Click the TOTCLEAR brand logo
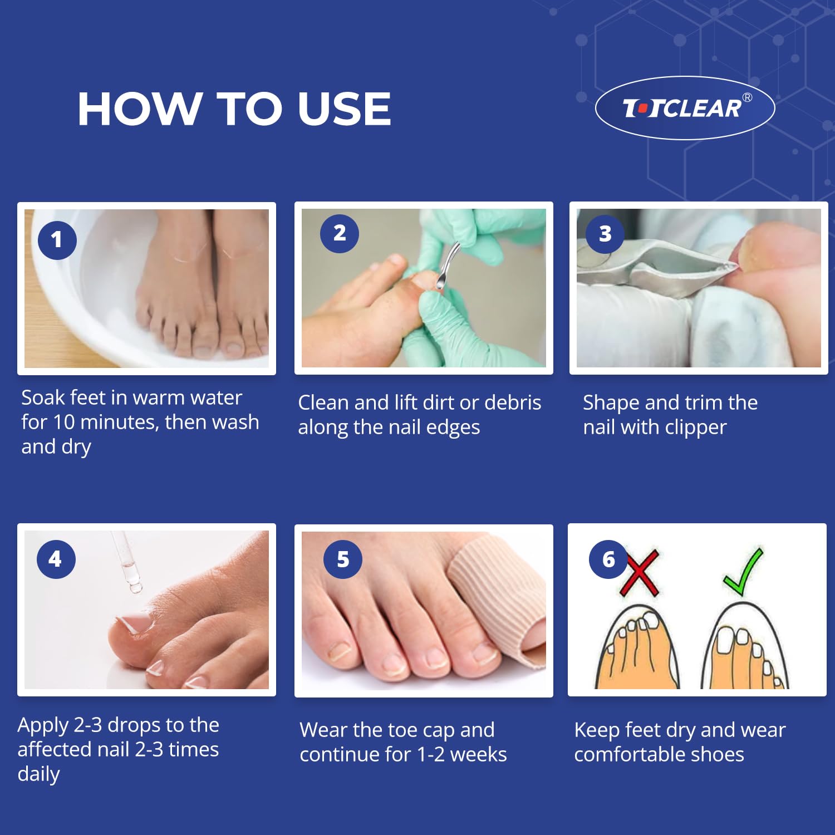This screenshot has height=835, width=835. (685, 107)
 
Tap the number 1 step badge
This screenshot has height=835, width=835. (57, 240)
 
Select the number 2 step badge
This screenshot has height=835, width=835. (340, 234)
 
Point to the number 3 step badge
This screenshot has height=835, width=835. (605, 234)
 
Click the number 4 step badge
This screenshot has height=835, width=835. (56, 559)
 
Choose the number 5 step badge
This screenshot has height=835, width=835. (343, 559)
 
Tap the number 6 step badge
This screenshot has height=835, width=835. (608, 559)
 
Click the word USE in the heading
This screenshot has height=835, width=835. (345, 109)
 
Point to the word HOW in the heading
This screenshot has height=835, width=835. (140, 109)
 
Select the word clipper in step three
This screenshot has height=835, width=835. (696, 428)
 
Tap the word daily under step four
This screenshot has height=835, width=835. (38, 774)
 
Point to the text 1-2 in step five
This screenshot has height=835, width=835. (431, 755)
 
